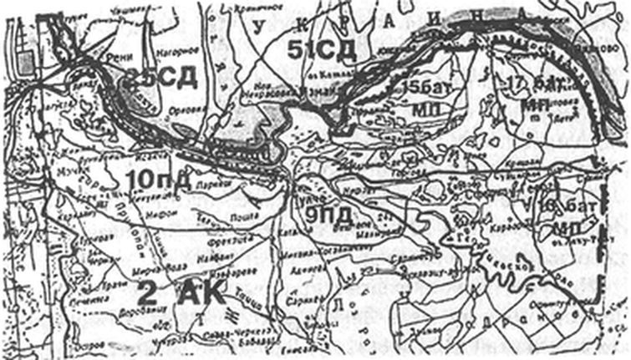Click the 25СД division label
click(163, 79)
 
